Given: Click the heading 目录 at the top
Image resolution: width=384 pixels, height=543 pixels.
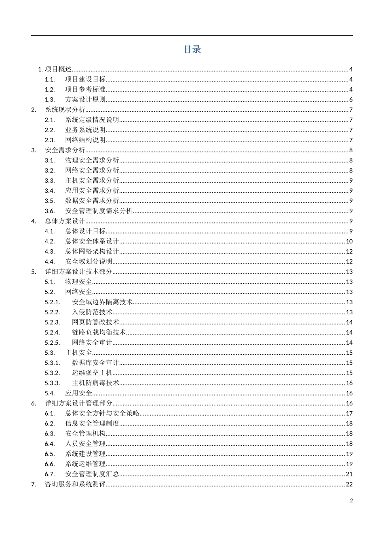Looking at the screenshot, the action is point(192,50).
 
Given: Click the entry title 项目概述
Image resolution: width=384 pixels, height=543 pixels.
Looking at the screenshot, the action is point(58,69).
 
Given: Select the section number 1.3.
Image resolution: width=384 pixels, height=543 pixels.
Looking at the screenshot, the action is point(50,100).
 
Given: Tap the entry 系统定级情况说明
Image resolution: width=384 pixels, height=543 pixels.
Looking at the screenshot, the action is point(92,120).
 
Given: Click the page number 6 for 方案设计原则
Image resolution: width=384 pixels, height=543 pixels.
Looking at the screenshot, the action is point(351,100).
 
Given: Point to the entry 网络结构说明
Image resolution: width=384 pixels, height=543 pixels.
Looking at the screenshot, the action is point(85,140).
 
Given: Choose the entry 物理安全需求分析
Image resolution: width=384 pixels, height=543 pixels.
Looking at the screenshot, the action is point(92,160).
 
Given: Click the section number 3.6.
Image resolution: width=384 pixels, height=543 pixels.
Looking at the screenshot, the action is point(50,211).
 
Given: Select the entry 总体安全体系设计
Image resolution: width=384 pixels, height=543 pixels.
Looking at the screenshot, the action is point(92,241).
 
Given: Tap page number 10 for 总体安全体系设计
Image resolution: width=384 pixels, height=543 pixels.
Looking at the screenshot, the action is point(349,241).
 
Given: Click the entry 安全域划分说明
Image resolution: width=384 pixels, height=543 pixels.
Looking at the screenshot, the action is point(89,261).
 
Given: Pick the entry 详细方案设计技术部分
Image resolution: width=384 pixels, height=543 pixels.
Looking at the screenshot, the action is point(78,271).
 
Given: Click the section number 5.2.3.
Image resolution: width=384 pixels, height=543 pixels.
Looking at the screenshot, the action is point(52,322).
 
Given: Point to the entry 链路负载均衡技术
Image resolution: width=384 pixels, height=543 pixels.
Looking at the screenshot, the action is point(99,332).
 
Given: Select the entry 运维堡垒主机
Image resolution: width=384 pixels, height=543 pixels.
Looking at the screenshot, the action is point(92,373).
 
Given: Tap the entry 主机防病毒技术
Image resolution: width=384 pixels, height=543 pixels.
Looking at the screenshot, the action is point(96,383).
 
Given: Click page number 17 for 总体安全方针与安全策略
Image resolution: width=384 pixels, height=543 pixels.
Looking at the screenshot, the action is point(349,413).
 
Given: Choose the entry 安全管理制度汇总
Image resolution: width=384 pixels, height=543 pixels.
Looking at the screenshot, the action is point(92,474).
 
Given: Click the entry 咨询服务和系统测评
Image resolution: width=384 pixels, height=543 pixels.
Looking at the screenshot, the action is point(75,484).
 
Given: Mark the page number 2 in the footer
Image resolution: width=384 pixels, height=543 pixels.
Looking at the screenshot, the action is point(351,501).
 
